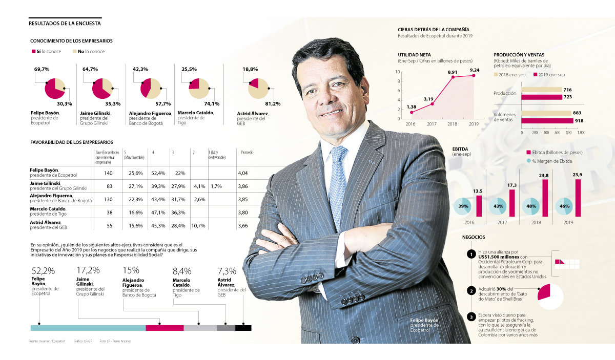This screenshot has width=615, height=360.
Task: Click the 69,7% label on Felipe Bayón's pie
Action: click(x=42, y=69)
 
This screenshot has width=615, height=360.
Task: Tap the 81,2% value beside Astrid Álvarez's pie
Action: click(x=273, y=104)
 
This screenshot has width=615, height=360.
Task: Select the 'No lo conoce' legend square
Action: click(x=74, y=52)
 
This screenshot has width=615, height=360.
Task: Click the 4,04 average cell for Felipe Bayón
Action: click(x=243, y=173)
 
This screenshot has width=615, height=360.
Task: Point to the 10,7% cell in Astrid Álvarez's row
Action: click(x=198, y=225)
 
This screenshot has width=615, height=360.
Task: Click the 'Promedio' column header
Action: click(x=247, y=153)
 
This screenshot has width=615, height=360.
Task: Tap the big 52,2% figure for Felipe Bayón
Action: click(x=43, y=270)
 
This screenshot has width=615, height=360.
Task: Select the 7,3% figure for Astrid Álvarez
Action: click(x=227, y=270)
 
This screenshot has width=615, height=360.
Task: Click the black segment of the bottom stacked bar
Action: click(x=243, y=328)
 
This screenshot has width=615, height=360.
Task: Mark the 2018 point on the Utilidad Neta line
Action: click(x=453, y=77)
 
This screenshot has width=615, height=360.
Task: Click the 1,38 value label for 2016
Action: click(x=411, y=107)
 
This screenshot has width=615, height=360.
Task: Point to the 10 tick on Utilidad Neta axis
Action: click(x=398, y=72)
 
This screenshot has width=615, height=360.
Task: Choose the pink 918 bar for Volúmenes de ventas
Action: click(x=547, y=121)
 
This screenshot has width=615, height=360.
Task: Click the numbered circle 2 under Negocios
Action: click(x=470, y=291)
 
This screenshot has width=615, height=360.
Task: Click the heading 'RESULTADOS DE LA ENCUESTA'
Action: click(x=65, y=23)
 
